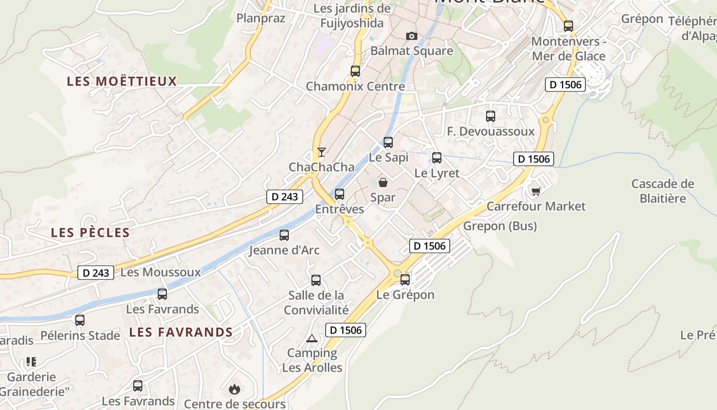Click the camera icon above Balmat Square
411,36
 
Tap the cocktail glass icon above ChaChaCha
322,152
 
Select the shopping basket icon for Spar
383,182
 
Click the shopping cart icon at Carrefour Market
536,191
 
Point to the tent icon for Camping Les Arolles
312,338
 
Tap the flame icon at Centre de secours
235,389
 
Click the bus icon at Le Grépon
405,279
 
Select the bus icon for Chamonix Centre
355,71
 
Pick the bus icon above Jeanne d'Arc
284,235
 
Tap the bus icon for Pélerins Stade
80,320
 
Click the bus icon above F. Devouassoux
491,116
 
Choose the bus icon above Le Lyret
437,158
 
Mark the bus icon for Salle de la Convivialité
316,280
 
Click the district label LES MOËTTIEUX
122,81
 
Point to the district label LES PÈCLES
90,233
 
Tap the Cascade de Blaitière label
663,191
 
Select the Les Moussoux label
160,272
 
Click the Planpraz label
261,18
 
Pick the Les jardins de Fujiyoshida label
352,16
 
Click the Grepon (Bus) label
500,226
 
